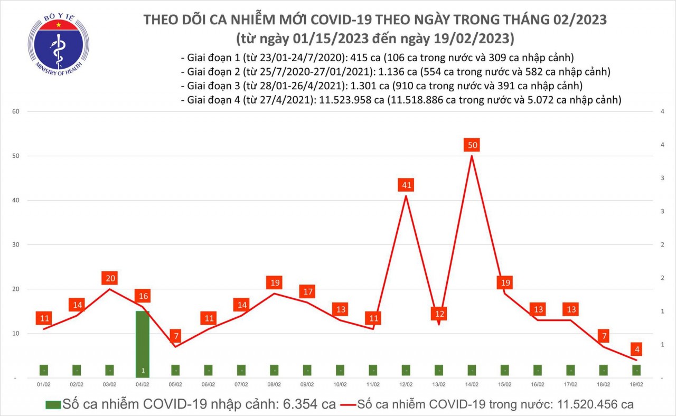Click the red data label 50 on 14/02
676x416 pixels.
(x=472, y=145)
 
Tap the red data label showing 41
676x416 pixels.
(x=406, y=185)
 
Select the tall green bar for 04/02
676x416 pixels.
(x=143, y=343)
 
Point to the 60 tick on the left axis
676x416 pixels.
(x=16, y=112)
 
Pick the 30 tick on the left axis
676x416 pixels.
(x=16, y=245)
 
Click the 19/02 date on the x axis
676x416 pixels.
(x=636, y=385)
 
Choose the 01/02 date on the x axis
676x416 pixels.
(x=43, y=385)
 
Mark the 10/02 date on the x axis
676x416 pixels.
(x=340, y=385)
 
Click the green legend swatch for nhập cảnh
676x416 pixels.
(x=52, y=405)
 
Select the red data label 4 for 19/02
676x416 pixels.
(x=637, y=349)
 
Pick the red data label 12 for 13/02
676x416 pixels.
(x=439, y=314)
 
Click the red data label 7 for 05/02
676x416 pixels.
(x=175, y=336)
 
